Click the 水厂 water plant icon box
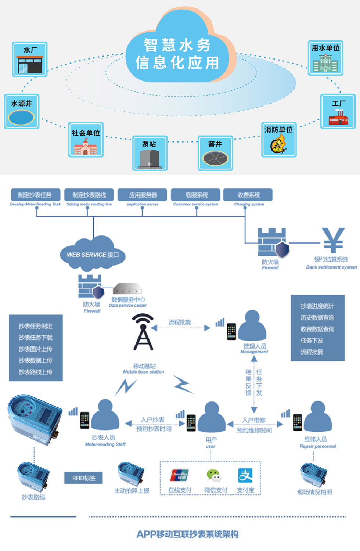click(30, 59)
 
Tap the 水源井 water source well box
click(22, 111)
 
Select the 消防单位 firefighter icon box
click(279, 140)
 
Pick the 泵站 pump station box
click(150, 153)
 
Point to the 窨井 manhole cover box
click(215, 153)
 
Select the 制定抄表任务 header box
click(35, 195)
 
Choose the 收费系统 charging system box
click(249, 195)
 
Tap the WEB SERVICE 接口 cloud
click(93, 254)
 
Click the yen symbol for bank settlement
click(333, 240)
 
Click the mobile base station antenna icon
click(143, 332)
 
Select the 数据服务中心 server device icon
click(127, 289)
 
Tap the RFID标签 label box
click(83, 478)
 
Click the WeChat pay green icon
click(214, 475)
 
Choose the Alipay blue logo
click(245, 475)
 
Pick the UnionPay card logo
click(180, 475)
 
